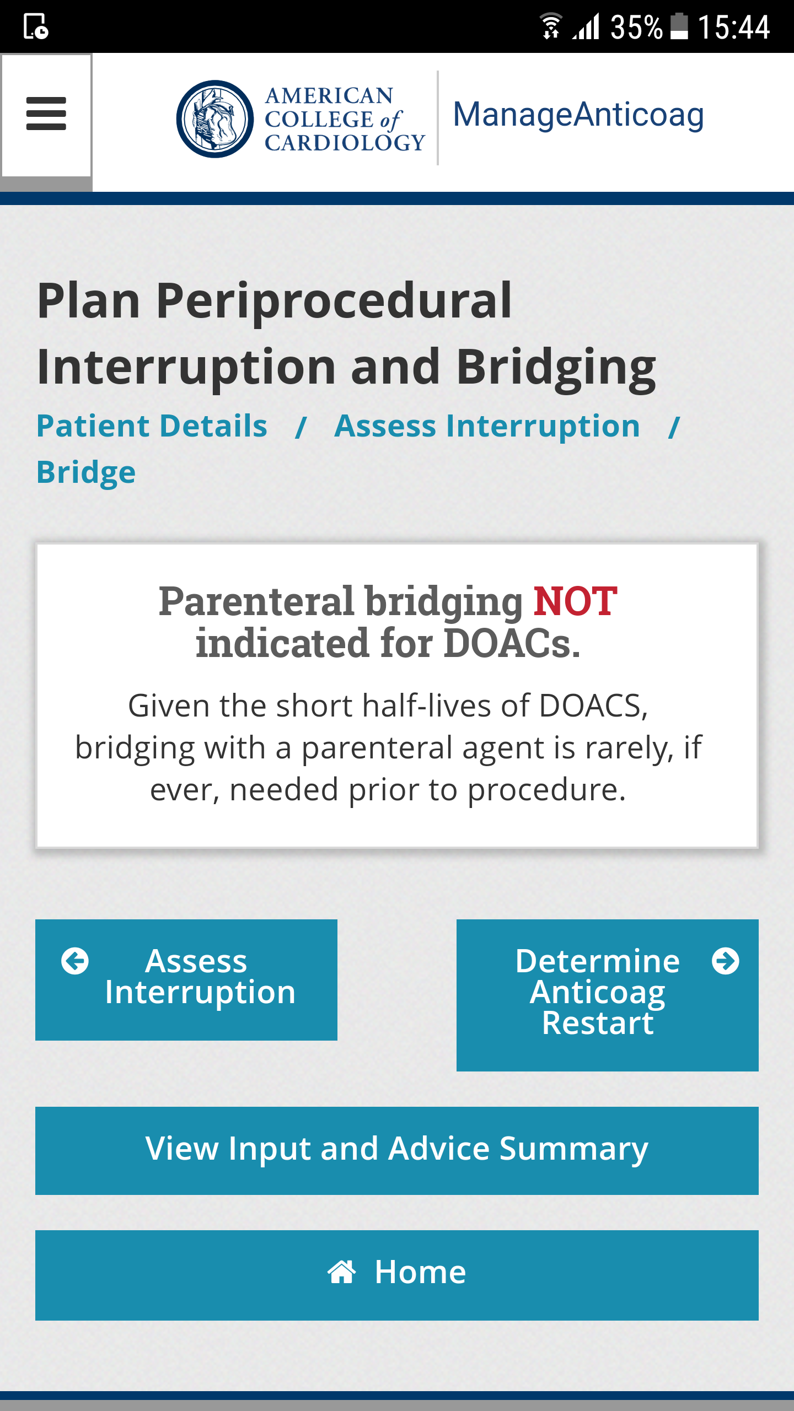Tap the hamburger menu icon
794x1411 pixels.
pyautogui.click(x=46, y=114)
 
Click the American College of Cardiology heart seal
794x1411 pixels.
pyautogui.click(x=215, y=119)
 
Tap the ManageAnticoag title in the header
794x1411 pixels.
pyautogui.click(x=578, y=116)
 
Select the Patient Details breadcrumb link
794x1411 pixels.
pyautogui.click(x=152, y=426)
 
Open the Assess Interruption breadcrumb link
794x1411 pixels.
pyautogui.click(x=487, y=426)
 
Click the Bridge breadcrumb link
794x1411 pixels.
pyautogui.click(x=86, y=473)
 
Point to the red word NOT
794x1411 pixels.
pyautogui.click(x=575, y=601)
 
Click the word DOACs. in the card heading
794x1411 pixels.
pyautogui.click(x=512, y=643)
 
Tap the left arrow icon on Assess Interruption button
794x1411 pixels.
pyautogui.click(x=75, y=961)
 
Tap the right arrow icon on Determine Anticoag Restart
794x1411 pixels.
pyautogui.click(x=726, y=961)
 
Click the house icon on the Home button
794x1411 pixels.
pyautogui.click(x=342, y=1272)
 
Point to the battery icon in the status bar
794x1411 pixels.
pyautogui.click(x=679, y=26)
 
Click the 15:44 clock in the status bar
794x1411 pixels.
pyautogui.click(x=734, y=27)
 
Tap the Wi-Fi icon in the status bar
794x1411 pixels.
pyautogui.click(x=550, y=26)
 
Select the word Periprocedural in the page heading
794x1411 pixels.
pyautogui.click(x=334, y=301)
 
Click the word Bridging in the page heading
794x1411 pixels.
pyautogui.click(x=556, y=368)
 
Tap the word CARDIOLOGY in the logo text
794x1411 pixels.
pyautogui.click(x=345, y=143)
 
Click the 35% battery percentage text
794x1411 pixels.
pyautogui.click(x=636, y=27)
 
